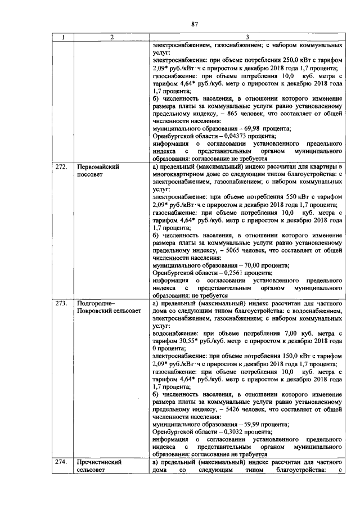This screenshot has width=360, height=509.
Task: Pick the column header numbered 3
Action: tap(247, 38)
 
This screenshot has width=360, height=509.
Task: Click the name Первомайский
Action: tap(98, 167)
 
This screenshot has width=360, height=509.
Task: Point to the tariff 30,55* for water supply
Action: tap(188, 340)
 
